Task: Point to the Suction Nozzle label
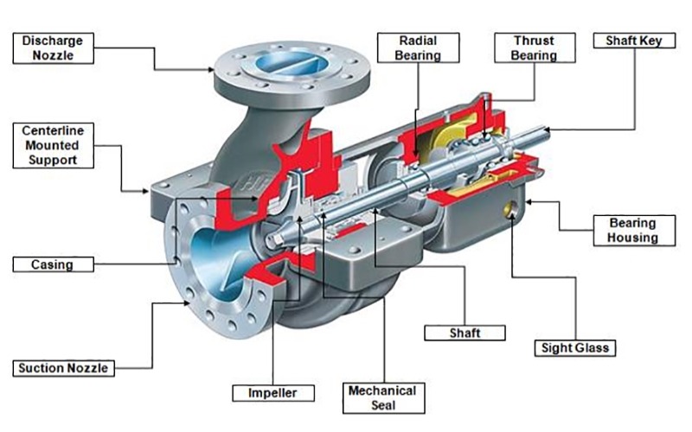point(64,368)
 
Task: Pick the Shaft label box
point(465,332)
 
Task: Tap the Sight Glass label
point(574,349)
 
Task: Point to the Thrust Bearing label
point(534,48)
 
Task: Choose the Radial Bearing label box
point(419,48)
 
